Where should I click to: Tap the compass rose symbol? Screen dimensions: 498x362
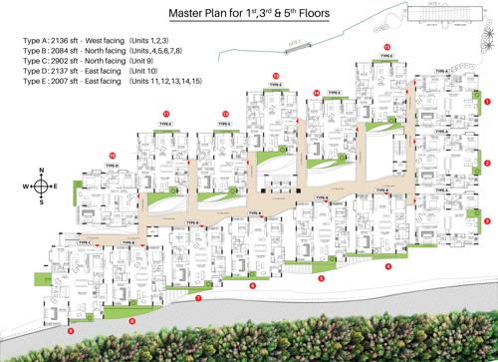[x=40, y=186]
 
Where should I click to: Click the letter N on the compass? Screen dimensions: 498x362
[x=40, y=172]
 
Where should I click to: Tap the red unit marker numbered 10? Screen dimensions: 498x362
[x=113, y=155]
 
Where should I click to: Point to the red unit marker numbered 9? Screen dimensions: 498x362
[x=71, y=329]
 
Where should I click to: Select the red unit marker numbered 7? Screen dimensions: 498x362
[x=198, y=298]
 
